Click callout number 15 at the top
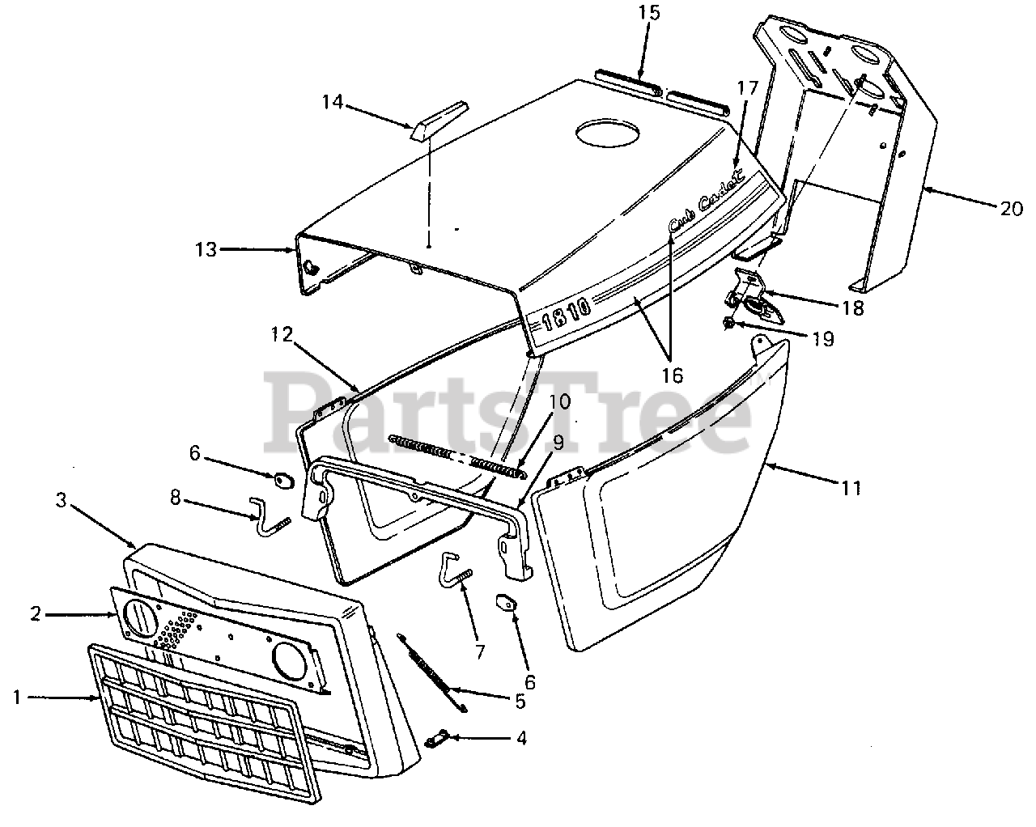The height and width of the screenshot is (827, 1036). click(x=649, y=12)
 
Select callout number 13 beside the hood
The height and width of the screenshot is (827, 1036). click(x=206, y=250)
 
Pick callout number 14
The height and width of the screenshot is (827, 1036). click(x=333, y=102)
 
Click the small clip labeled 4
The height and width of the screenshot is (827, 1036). click(x=437, y=738)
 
